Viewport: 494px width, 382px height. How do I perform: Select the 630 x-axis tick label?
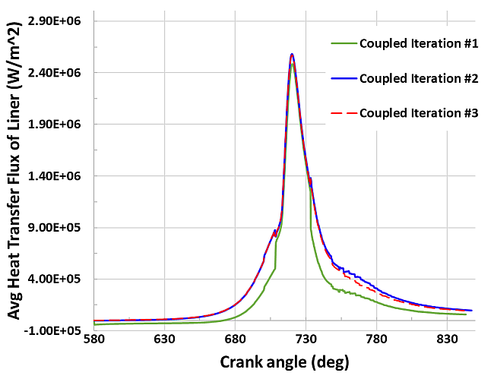point(164,339)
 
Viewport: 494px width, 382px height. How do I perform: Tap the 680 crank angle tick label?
point(235,339)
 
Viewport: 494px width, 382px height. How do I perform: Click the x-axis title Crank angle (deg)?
point(284,363)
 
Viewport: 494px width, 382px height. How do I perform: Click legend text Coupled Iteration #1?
point(418,43)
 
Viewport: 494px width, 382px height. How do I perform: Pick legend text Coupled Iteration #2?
point(418,78)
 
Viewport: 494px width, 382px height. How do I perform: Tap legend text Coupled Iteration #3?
point(418,113)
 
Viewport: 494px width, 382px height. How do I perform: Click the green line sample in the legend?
point(344,43)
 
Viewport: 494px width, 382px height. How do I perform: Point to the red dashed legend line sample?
point(344,113)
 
